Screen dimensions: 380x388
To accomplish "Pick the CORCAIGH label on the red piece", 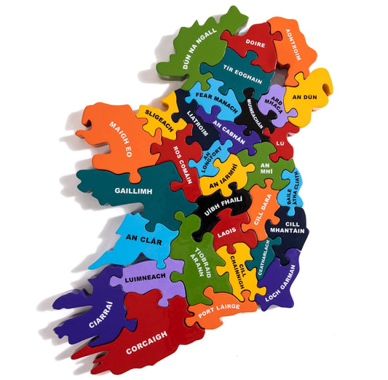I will click(147, 342).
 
